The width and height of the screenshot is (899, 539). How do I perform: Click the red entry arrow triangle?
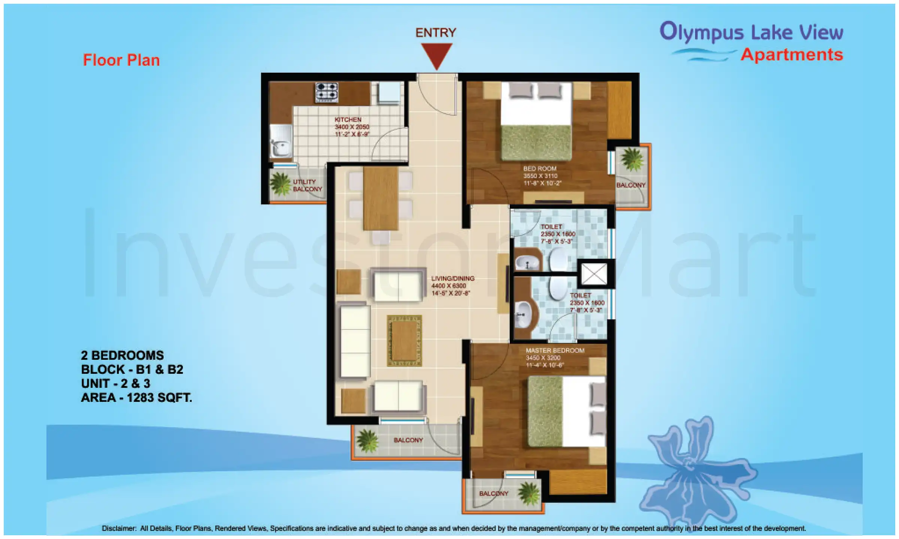(x=436, y=54)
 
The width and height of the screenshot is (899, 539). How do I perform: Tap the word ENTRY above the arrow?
(x=436, y=33)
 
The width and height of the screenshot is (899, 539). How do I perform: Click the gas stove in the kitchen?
(x=327, y=92)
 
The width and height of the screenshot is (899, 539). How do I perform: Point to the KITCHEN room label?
(x=348, y=120)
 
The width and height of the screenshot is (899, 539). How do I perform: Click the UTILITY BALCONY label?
(x=307, y=186)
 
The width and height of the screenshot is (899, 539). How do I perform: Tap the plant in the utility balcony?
(x=280, y=184)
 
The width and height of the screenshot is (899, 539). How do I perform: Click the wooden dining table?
(x=380, y=198)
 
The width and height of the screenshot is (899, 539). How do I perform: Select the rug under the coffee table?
(x=404, y=341)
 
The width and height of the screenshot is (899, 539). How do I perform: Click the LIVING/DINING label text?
(x=452, y=278)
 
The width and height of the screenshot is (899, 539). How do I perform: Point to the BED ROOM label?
(x=540, y=169)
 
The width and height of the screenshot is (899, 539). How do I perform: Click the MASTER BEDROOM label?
(x=555, y=351)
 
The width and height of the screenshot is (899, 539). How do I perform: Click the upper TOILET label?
(x=551, y=227)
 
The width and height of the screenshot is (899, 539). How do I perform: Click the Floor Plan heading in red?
(x=121, y=60)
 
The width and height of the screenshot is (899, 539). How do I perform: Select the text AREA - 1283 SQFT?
(x=136, y=398)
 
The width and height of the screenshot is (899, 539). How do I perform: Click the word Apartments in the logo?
(x=791, y=55)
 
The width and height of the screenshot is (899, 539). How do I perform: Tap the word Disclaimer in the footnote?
(x=118, y=529)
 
